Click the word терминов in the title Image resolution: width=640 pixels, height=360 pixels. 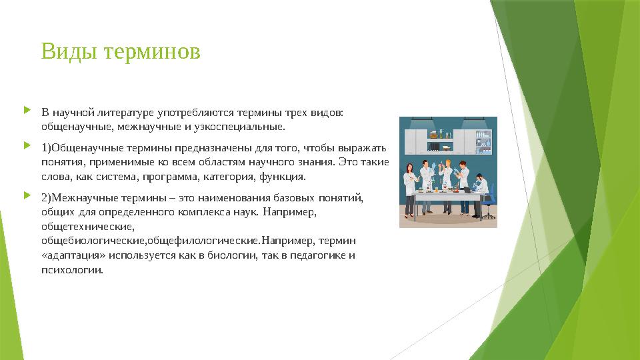(x=152, y=53)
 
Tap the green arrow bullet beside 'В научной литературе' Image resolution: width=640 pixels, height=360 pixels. (x=27, y=110)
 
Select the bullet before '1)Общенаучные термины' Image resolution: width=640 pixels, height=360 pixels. (x=27, y=145)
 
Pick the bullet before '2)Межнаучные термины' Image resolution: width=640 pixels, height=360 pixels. (x=27, y=195)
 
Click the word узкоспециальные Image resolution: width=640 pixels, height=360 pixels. (x=239, y=127)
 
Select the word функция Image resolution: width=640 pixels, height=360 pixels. (x=283, y=177)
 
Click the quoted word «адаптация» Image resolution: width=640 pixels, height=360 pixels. (x=73, y=255)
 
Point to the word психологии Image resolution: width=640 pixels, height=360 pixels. (x=72, y=270)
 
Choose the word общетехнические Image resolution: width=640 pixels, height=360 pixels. (x=88, y=226)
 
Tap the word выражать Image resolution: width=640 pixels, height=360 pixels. (x=362, y=148)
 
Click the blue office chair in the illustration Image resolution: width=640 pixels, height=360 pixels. (x=488, y=206)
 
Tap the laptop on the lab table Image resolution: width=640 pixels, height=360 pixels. (x=466, y=190)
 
